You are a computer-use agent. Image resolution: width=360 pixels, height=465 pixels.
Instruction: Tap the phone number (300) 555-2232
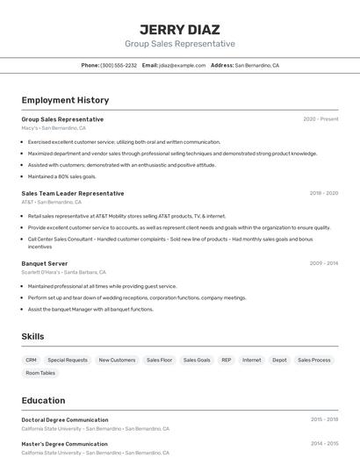[119, 65]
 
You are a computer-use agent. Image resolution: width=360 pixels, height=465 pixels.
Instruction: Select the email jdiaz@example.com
[182, 65]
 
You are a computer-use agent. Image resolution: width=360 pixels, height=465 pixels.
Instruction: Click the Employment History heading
[65, 101]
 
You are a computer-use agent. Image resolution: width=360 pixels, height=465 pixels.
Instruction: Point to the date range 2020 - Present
[320, 119]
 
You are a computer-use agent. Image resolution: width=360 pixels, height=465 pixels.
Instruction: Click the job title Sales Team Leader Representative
[73, 193]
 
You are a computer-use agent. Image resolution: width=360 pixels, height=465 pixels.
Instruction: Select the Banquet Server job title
[45, 263]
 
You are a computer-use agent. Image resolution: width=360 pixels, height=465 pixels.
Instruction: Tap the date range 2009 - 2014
[324, 263]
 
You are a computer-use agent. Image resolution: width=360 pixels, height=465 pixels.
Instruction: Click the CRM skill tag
[31, 360]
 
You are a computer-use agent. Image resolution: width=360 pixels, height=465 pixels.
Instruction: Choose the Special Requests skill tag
[68, 360]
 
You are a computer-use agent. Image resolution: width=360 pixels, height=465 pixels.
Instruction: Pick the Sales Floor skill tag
[160, 360]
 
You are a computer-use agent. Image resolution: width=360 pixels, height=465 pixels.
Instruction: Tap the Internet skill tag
[252, 360]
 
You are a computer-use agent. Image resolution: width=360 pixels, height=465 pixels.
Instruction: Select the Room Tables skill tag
[40, 373]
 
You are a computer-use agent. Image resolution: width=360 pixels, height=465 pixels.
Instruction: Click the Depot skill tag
[279, 360]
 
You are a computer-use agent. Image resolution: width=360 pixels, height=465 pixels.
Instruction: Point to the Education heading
[43, 400]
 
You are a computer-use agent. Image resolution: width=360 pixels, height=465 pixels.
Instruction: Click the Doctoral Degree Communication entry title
[65, 420]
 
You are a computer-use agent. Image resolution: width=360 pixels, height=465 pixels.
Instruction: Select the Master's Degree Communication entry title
[64, 444]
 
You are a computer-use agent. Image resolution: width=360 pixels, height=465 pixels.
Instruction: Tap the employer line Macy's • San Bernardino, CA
[54, 128]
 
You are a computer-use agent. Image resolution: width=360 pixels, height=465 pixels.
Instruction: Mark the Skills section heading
[32, 337]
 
